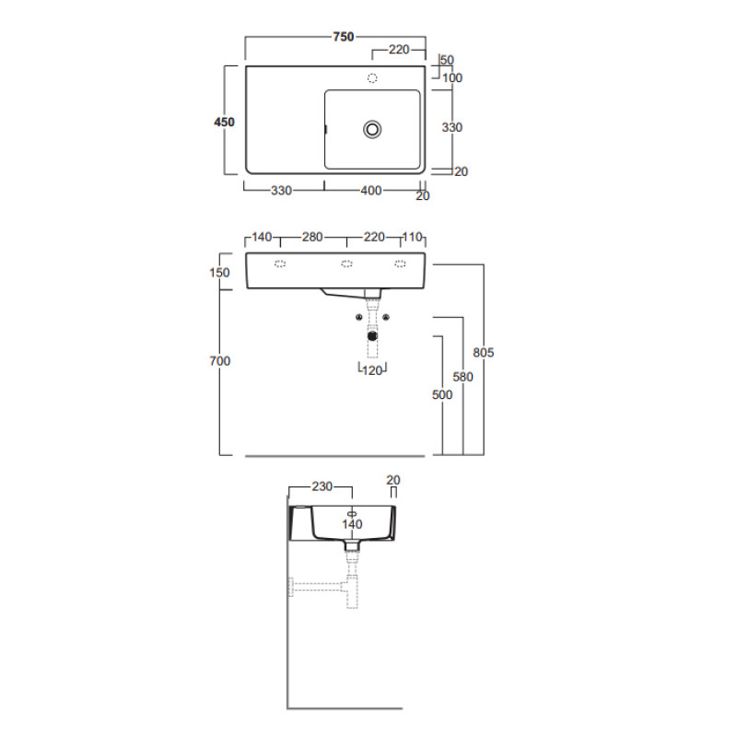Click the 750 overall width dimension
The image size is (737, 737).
point(343,37)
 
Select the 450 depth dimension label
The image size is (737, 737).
point(224,123)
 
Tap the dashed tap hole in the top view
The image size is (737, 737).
point(372,78)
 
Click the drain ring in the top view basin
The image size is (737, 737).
point(372,129)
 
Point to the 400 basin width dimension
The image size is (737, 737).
point(371,191)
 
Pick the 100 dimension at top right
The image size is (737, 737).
point(452,78)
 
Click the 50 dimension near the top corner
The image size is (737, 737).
point(447,60)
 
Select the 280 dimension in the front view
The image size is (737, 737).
point(312,237)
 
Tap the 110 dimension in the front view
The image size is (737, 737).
point(412,237)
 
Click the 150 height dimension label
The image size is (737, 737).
point(219,273)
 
